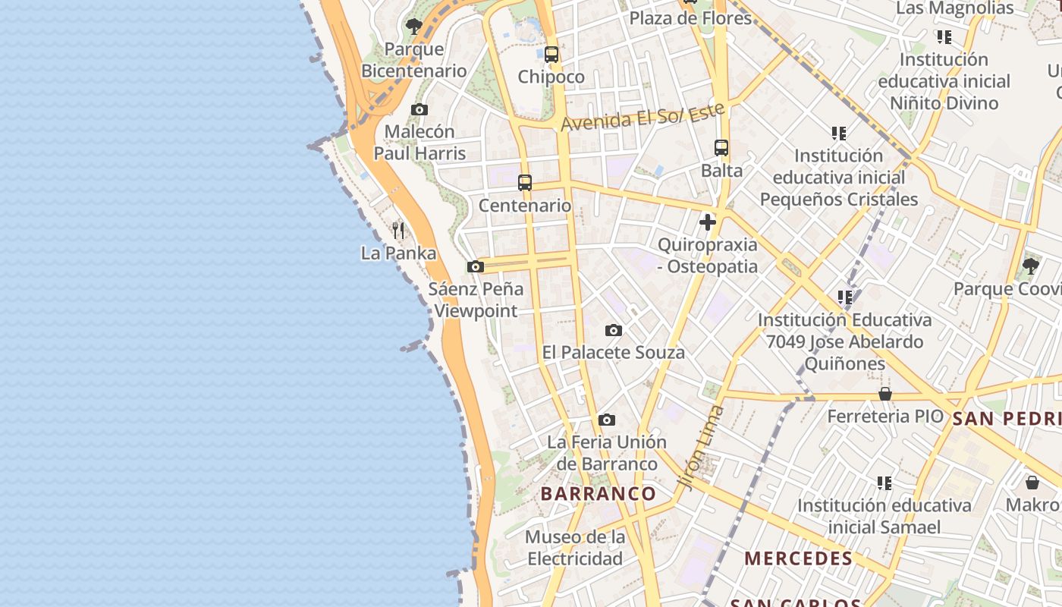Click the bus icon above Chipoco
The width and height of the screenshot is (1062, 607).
(551, 55)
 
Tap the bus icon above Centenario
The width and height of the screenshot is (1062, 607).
(525, 183)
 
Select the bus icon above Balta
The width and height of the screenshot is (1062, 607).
(721, 148)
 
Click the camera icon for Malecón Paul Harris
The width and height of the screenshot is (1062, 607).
(419, 110)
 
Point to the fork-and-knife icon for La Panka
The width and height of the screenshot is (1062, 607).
(398, 230)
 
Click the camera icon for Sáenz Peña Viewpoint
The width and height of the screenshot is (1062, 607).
(476, 267)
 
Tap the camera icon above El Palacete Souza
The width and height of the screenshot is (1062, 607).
(614, 331)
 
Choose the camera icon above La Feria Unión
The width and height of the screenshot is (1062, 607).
(606, 420)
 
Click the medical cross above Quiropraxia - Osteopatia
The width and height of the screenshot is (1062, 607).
(708, 222)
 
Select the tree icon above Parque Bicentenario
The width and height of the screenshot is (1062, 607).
(413, 27)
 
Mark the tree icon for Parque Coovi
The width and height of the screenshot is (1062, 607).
(1030, 266)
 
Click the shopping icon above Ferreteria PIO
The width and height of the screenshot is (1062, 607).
(884, 394)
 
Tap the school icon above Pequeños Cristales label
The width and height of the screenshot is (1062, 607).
(838, 134)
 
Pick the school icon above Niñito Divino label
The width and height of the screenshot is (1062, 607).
(944, 37)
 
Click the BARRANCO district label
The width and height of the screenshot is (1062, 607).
(599, 494)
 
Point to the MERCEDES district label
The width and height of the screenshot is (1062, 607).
(799, 559)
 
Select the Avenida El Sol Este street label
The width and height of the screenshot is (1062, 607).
(643, 117)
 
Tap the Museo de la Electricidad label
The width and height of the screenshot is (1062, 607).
(576, 548)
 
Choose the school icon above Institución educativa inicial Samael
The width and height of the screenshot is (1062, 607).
(884, 483)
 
